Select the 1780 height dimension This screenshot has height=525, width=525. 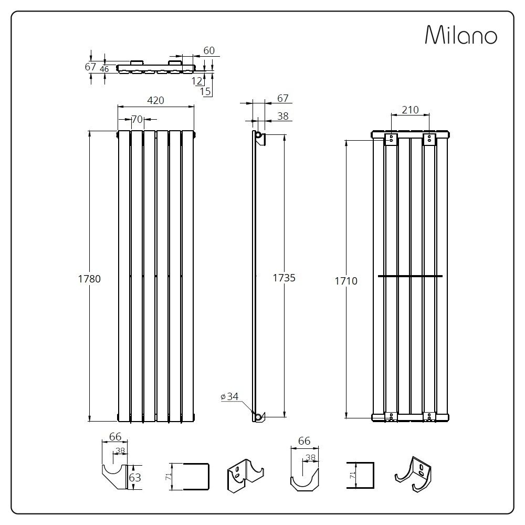click(x=89, y=279)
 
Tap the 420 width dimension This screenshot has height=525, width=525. click(x=155, y=100)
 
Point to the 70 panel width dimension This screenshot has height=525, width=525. click(x=136, y=120)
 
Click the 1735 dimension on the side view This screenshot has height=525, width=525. click(x=283, y=278)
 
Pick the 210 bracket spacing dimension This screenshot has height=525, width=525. click(x=409, y=110)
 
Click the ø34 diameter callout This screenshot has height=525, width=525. click(x=229, y=397)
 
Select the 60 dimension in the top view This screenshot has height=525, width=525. click(x=208, y=50)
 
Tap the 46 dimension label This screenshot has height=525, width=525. click(x=104, y=69)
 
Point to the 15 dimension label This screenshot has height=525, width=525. click(x=205, y=91)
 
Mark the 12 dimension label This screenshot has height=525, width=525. click(x=197, y=80)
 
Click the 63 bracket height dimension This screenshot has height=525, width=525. click(x=135, y=477)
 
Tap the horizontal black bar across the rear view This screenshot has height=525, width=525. click(x=410, y=276)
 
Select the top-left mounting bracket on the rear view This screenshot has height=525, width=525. click(x=391, y=139)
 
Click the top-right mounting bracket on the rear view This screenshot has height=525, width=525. click(x=429, y=139)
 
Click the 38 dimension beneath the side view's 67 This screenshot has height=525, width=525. click(x=282, y=117)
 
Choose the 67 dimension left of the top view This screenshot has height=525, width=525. click(x=90, y=67)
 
